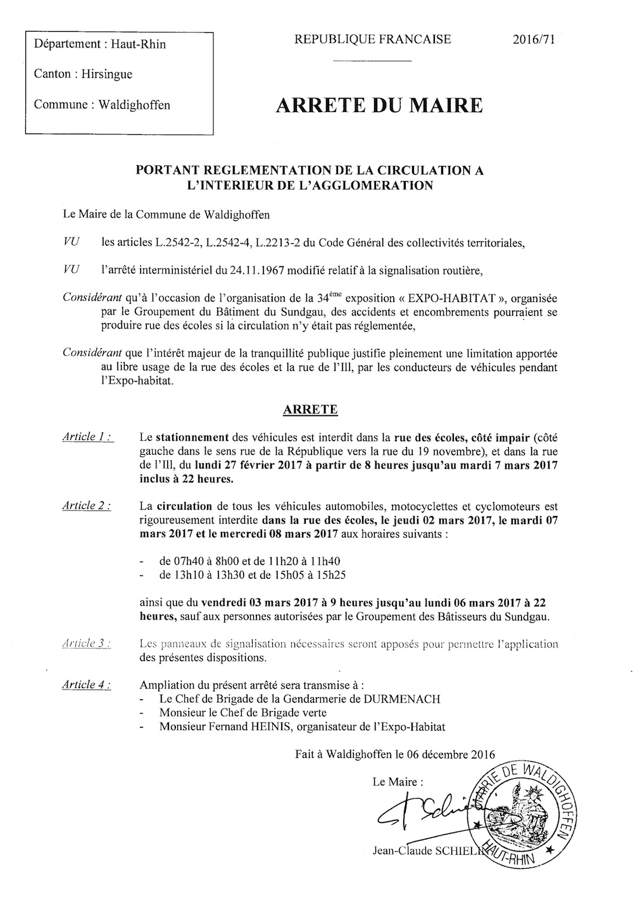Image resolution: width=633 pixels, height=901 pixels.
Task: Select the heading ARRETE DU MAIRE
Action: tap(379, 104)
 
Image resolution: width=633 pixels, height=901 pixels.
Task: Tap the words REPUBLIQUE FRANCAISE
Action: tap(372, 39)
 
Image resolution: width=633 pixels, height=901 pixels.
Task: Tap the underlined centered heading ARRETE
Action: tap(310, 410)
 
